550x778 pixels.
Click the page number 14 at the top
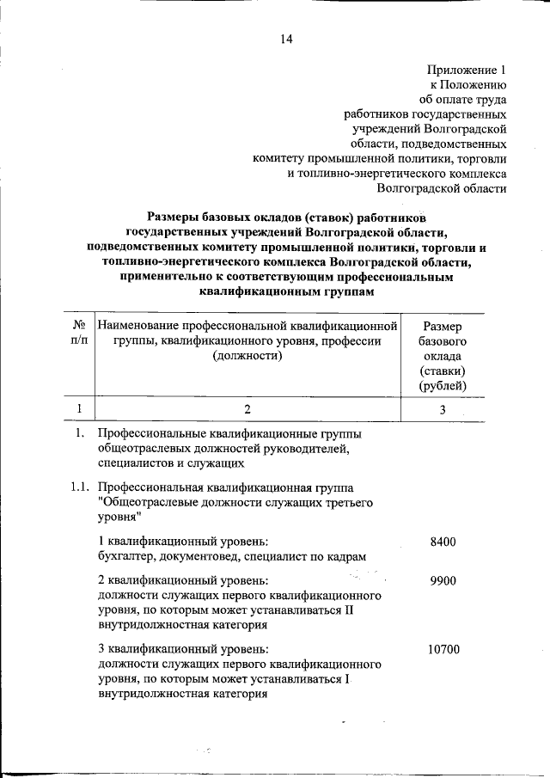(286, 39)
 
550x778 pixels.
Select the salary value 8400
(443, 541)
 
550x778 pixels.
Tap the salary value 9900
(443, 581)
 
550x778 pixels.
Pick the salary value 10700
(443, 649)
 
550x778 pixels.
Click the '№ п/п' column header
(78, 334)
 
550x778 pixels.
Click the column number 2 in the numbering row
(247, 409)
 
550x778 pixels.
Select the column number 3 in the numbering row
(443, 409)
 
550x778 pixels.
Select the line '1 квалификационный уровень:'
(182, 541)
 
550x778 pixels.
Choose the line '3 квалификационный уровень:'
(182, 649)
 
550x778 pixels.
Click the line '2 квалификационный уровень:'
(182, 581)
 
